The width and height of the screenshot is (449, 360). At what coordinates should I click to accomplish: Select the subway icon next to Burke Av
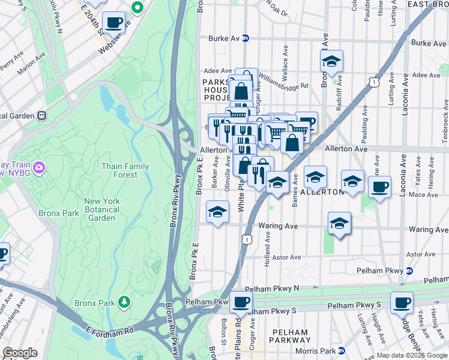pos(246,38)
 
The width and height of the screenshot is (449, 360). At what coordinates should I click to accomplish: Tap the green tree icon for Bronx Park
pos(124,301)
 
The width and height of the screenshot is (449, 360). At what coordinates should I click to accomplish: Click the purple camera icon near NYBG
pos(39,166)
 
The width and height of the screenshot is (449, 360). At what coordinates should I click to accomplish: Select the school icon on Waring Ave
pos(339,223)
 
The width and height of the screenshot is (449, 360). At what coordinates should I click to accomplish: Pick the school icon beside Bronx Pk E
pos(218,211)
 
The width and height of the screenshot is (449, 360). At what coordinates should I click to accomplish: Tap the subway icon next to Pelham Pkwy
pos(409,271)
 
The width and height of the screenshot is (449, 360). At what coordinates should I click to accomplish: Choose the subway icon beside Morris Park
pos(342,350)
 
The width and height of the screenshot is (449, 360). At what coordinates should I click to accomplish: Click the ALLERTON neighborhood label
pos(321,192)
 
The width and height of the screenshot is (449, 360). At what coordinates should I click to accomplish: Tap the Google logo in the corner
pos(20,353)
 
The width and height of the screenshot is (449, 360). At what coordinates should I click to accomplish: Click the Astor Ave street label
pos(286,257)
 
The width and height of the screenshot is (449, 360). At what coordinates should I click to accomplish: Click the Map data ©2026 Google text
pos(411,355)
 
